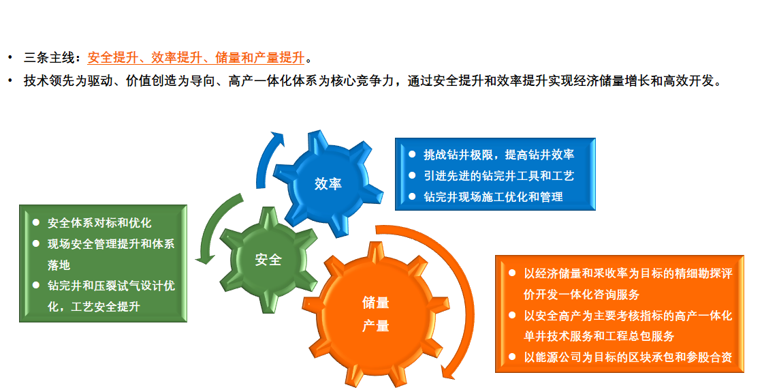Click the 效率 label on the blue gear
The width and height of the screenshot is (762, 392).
[328, 184]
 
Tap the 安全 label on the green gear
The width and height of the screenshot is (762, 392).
[268, 260]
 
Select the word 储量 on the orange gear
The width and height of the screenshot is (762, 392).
[376, 303]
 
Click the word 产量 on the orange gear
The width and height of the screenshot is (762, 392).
[376, 326]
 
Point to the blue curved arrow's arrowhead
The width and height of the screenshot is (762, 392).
[278, 139]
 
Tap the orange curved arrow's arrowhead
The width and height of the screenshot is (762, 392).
[448, 372]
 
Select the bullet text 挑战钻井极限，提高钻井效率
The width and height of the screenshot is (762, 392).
[498, 155]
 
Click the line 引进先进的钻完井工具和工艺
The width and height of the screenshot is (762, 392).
[498, 176]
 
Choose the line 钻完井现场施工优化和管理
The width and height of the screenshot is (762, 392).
[493, 197]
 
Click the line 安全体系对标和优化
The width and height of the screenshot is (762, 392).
[99, 223]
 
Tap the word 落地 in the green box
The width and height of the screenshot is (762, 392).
[59, 265]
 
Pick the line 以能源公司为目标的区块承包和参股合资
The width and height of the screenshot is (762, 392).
[628, 357]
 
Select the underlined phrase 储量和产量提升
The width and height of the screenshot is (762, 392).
[259, 58]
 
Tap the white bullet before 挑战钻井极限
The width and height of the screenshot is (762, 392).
[412, 154]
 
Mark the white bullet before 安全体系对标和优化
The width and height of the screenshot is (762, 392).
[36, 222]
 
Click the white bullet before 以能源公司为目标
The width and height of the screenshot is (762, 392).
[512, 357]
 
